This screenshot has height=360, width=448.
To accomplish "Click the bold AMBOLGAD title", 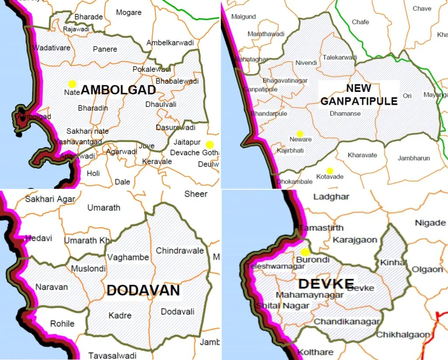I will (x=119, y=90).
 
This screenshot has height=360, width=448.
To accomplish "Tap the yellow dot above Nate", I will (x=72, y=84).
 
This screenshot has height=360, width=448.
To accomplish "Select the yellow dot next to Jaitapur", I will (x=210, y=144).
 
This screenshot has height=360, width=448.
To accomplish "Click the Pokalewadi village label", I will (x=151, y=70).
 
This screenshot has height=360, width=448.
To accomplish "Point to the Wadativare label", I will (x=52, y=48).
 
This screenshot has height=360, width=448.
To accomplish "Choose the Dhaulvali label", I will (x=161, y=105).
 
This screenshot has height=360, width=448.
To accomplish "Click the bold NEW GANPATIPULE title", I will (x=359, y=95).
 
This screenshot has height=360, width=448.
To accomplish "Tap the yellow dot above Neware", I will (x=300, y=133).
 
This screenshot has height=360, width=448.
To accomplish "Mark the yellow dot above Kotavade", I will (x=329, y=171).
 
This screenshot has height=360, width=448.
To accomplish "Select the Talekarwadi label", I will (x=340, y=57).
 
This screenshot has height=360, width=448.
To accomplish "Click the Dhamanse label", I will (x=345, y=113).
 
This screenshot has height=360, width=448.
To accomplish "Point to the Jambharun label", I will (x=413, y=158).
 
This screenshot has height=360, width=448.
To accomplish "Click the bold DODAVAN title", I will (x=143, y=290).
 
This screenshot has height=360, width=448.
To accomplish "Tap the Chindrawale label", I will (x=180, y=251).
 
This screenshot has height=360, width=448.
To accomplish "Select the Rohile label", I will (x=62, y=324).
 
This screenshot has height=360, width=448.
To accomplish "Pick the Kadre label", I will (x=120, y=315).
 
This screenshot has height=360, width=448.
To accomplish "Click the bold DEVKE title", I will (x=325, y=283).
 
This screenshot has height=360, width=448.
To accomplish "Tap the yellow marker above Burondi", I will (x=305, y=252).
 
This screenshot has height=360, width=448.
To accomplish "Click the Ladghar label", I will (x=331, y=197).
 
